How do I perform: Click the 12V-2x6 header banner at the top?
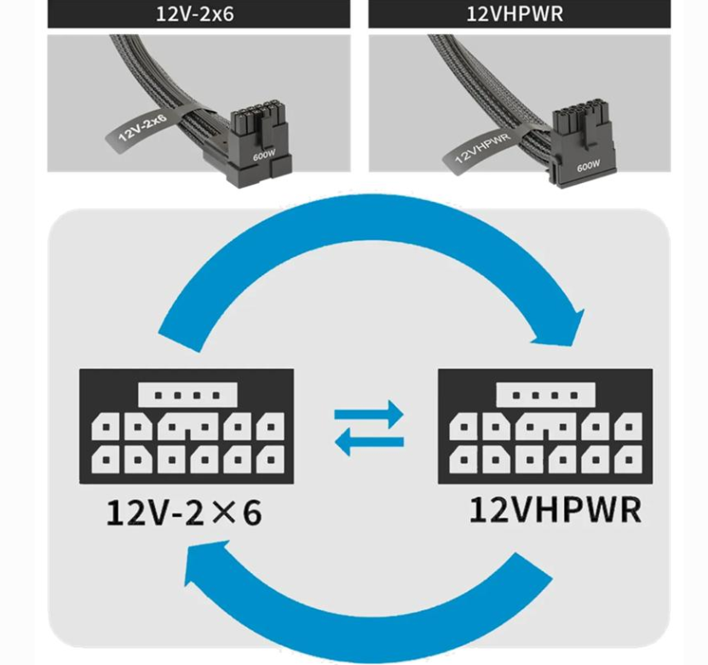click(x=199, y=14)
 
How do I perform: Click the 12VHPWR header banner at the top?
click(x=519, y=14)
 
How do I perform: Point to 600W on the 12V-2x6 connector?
click(x=264, y=156)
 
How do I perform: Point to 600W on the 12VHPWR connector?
click(x=589, y=166)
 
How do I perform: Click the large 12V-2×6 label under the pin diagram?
click(x=184, y=513)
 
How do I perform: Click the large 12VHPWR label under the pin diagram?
click(x=555, y=510)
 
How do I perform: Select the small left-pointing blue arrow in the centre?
click(x=369, y=442)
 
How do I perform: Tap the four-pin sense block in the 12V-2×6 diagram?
click(x=187, y=395)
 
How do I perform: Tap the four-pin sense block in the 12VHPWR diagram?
click(x=545, y=395)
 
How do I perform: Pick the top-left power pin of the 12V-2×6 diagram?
click(x=106, y=427)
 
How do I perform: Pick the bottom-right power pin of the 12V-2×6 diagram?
click(x=270, y=460)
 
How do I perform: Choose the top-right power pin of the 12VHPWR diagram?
click(x=629, y=427)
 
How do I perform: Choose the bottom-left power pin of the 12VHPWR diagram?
click(x=464, y=460)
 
